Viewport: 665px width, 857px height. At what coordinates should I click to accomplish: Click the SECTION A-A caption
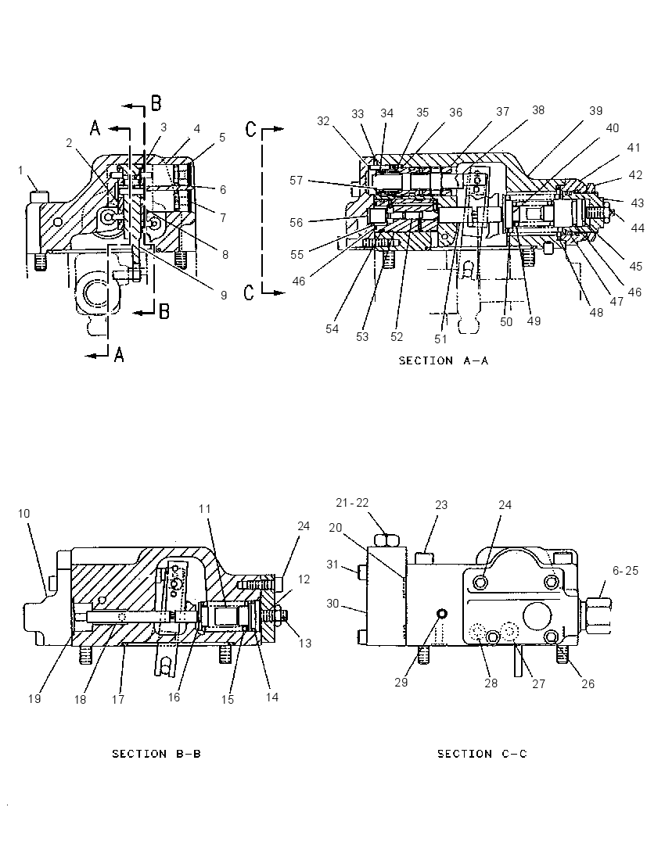(x=443, y=360)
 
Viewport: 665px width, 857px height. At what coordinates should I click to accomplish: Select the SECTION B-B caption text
(x=156, y=755)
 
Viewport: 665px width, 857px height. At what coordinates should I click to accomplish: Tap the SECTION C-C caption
(x=482, y=755)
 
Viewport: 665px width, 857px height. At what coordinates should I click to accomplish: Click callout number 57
(x=296, y=181)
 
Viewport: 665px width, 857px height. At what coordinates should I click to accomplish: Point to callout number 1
(x=21, y=170)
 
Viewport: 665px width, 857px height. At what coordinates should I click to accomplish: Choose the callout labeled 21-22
(x=352, y=503)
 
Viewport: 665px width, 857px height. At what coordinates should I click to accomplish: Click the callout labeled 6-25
(x=625, y=571)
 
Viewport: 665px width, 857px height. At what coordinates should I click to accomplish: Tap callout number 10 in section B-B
(x=23, y=514)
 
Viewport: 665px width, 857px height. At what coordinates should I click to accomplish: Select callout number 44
(x=638, y=228)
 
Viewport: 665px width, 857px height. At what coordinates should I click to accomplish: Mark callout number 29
(x=401, y=683)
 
